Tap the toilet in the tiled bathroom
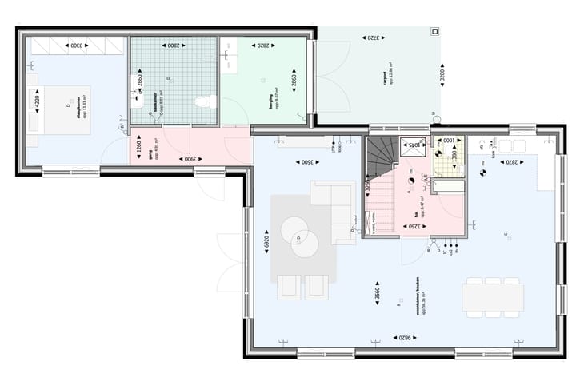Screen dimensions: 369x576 click(x=206, y=101)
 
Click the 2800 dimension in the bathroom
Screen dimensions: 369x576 click(x=174, y=46)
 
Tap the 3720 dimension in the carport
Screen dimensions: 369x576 click(x=374, y=38)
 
